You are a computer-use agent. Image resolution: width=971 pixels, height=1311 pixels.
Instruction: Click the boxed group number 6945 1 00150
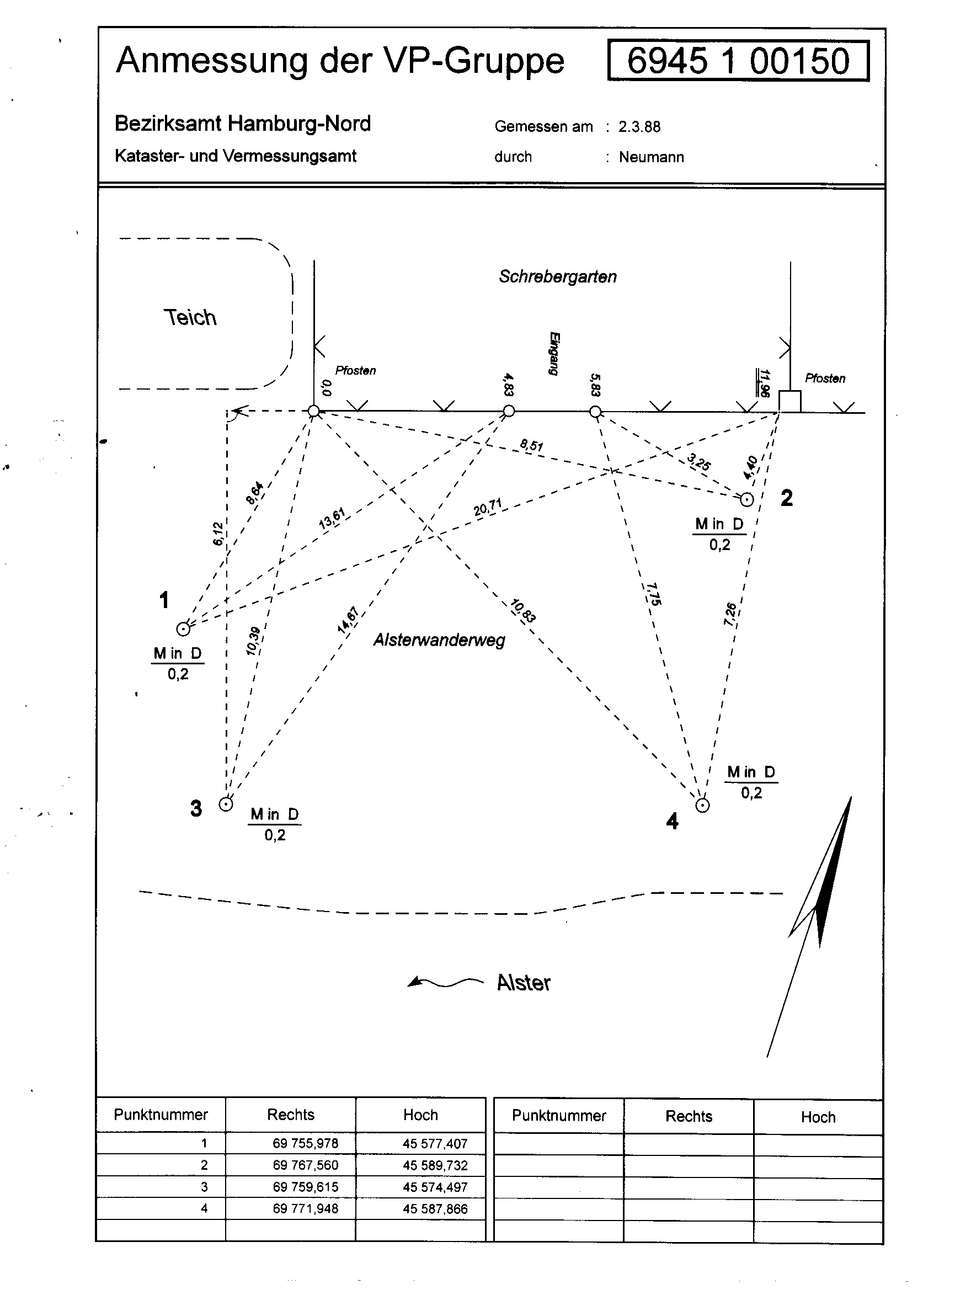pos(738,61)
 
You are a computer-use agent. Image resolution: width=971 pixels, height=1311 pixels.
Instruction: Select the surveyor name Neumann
pos(651,157)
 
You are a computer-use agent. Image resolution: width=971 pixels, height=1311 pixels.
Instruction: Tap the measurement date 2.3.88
pos(639,126)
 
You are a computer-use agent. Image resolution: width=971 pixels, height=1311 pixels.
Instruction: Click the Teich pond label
pos(190,317)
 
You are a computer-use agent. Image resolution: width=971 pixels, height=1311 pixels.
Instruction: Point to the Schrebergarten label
pos(558,276)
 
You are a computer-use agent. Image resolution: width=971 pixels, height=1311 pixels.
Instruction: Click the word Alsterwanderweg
pos(439,639)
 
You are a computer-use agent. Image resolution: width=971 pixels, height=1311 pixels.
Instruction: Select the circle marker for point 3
pos(226,803)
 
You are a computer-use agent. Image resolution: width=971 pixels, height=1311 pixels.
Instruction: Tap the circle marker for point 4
pos(702,805)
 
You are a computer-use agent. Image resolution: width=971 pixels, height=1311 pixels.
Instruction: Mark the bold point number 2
pos(786,498)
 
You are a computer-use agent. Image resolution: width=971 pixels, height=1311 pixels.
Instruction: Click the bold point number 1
pos(164,600)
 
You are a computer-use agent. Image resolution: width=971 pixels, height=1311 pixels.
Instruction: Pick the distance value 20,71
pos(488,507)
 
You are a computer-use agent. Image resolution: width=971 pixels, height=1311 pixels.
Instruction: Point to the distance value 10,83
pos(522,610)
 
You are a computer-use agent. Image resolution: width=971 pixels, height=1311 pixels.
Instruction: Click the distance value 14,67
pos(348,620)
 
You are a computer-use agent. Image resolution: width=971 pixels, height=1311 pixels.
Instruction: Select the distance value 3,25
pos(699,461)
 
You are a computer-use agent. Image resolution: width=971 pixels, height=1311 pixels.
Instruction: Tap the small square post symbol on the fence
pos(789,402)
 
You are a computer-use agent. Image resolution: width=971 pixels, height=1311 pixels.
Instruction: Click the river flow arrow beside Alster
pos(445,982)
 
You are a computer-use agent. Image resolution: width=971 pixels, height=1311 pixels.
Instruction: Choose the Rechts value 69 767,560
pos(305,1165)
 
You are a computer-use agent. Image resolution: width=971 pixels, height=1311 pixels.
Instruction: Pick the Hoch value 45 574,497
pos(435,1187)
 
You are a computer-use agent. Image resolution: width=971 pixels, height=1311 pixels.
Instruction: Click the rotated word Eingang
pos(554,353)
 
